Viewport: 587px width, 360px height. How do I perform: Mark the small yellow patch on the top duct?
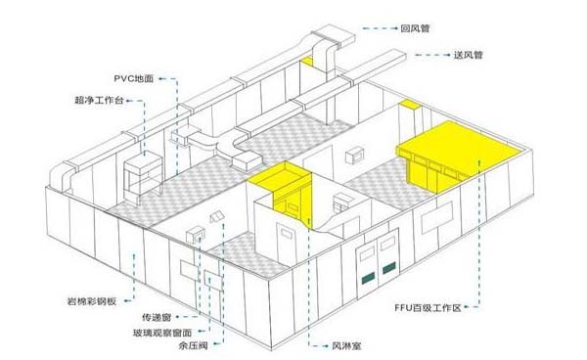coord(307,63)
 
